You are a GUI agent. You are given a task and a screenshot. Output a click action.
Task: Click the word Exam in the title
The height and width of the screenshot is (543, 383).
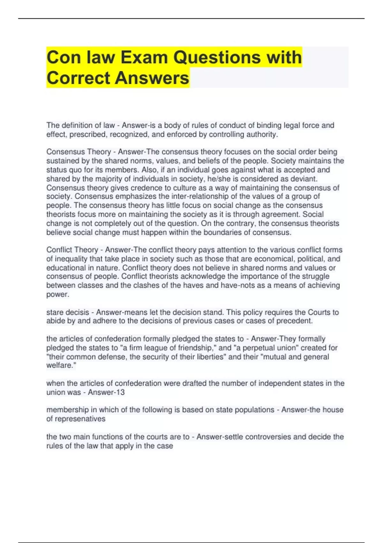point(144,57)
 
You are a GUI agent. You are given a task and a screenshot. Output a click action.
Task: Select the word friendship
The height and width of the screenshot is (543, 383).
point(196,348)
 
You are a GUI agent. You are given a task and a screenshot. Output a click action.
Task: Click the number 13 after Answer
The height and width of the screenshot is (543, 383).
point(120,392)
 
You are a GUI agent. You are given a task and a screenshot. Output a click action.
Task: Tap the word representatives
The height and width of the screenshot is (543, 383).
point(80,419)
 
